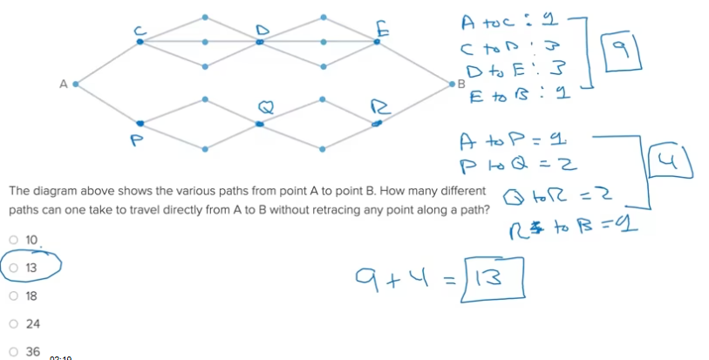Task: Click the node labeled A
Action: pos(76,85)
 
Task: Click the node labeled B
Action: pos(451,85)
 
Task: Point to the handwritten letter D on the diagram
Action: pos(259,28)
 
